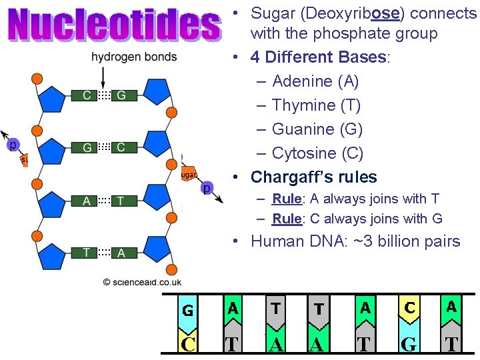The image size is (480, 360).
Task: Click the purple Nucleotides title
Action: pyautogui.click(x=114, y=25)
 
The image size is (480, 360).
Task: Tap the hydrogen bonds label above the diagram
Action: pyautogui.click(x=134, y=57)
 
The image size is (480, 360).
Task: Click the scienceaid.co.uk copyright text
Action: pyautogui.click(x=142, y=282)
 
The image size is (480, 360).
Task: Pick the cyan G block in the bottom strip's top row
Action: pyautogui.click(x=188, y=311)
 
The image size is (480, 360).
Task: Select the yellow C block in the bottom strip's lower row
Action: pyautogui.click(x=188, y=343)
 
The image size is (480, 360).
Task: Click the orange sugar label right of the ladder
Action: pyautogui.click(x=188, y=175)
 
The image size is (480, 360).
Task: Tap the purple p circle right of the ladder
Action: pyautogui.click(x=207, y=189)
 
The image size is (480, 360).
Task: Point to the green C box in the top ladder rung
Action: pyautogui.click(x=87, y=96)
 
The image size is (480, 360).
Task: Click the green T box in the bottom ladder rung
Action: pyautogui.click(x=86, y=252)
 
